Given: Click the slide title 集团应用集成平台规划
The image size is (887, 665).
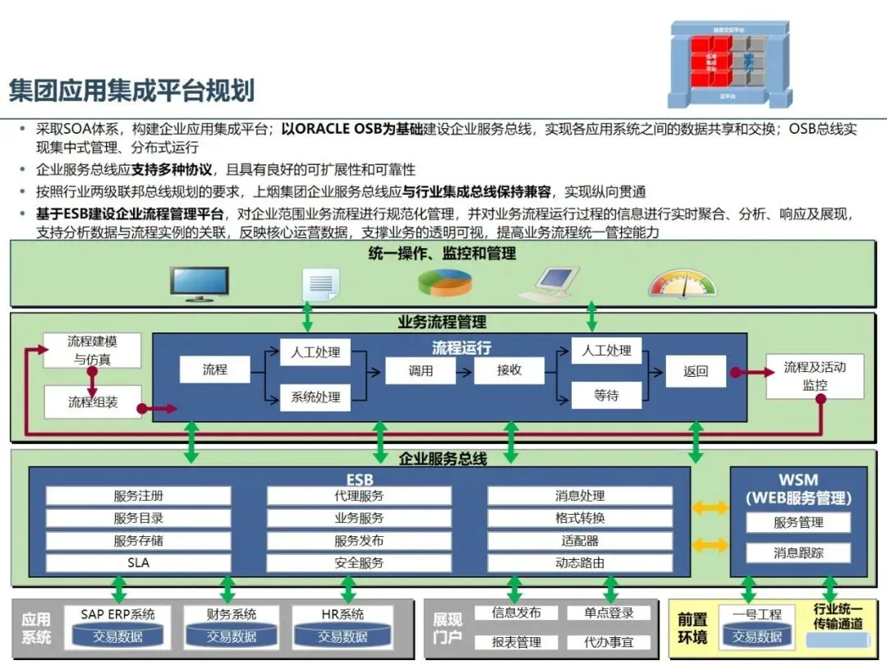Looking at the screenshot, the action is tap(131, 89).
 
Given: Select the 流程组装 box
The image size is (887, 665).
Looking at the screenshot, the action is tap(92, 402).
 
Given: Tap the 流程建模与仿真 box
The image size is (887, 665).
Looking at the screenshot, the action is tap(92, 351).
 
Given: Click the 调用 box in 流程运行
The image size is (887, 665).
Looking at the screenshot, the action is tap(421, 371).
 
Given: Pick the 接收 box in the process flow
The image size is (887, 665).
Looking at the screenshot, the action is tap(509, 371).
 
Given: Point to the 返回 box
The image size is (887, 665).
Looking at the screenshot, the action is tap(696, 371).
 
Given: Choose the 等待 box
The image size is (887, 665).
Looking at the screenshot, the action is tap(606, 396).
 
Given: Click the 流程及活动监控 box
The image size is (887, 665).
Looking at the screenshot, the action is tap(814, 376).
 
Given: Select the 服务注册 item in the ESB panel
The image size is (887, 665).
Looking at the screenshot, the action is tap(138, 496).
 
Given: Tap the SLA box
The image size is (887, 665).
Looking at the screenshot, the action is tap(138, 563).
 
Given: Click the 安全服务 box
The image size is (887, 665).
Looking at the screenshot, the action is tap(359, 563).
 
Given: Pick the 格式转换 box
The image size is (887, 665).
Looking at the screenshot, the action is tap(580, 518).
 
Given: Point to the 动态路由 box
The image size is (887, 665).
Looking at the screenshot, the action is tap(580, 563).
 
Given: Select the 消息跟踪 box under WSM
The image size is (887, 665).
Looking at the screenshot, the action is tap(798, 553).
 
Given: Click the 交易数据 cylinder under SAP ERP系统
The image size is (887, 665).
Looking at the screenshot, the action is tap(117, 637).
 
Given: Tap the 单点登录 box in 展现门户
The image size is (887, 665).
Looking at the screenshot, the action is tap(609, 613).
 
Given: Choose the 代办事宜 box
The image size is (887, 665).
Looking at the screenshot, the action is tap(609, 642).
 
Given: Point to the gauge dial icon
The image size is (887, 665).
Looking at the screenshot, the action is tap(682, 284).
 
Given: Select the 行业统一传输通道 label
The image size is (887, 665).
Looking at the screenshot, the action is tap(838, 616).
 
